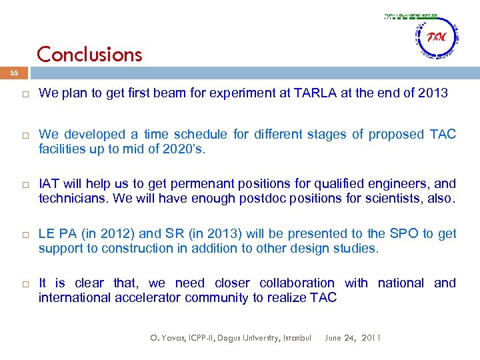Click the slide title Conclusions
click(x=89, y=54)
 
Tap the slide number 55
click(x=15, y=75)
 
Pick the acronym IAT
click(x=49, y=183)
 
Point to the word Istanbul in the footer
click(x=295, y=338)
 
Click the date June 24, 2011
click(x=353, y=338)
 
